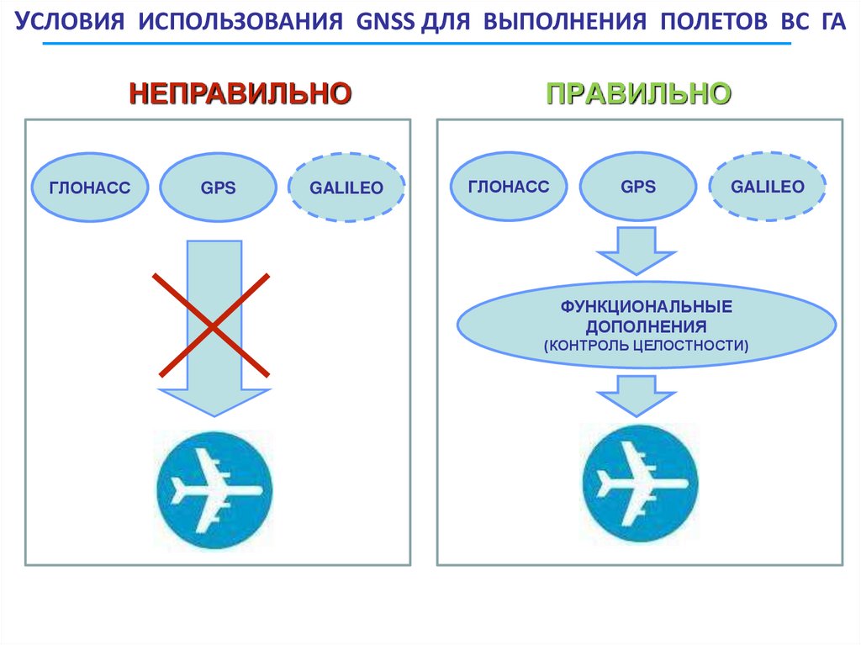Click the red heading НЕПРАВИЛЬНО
point(240,93)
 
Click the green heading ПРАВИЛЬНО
point(638,93)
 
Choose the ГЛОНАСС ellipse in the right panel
point(510,187)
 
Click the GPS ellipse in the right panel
point(638,187)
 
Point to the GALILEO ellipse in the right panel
point(767,187)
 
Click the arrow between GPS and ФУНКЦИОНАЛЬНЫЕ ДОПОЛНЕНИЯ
point(637,251)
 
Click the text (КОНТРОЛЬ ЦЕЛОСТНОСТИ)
point(647,345)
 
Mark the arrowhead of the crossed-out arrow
point(214,401)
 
